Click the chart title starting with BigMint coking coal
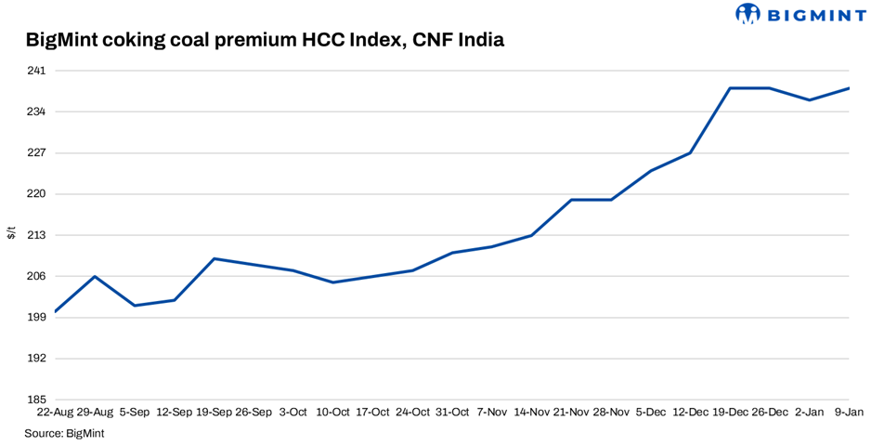(x=266, y=41)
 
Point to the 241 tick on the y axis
(x=36, y=71)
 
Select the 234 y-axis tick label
(x=36, y=111)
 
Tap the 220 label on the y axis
(x=36, y=194)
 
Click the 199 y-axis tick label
(x=36, y=318)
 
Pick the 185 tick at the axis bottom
(x=36, y=400)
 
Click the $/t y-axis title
(x=11, y=232)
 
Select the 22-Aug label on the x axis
(x=56, y=412)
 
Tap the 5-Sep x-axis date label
(x=135, y=412)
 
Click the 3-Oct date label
(x=293, y=412)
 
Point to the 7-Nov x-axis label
(x=491, y=412)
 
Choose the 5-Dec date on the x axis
(x=650, y=412)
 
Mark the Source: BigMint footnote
(x=64, y=433)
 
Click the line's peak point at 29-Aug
(x=95, y=276)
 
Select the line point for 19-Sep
(x=214, y=258)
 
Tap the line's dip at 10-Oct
(x=332, y=282)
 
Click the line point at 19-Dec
(x=730, y=88)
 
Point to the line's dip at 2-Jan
(x=809, y=99)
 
